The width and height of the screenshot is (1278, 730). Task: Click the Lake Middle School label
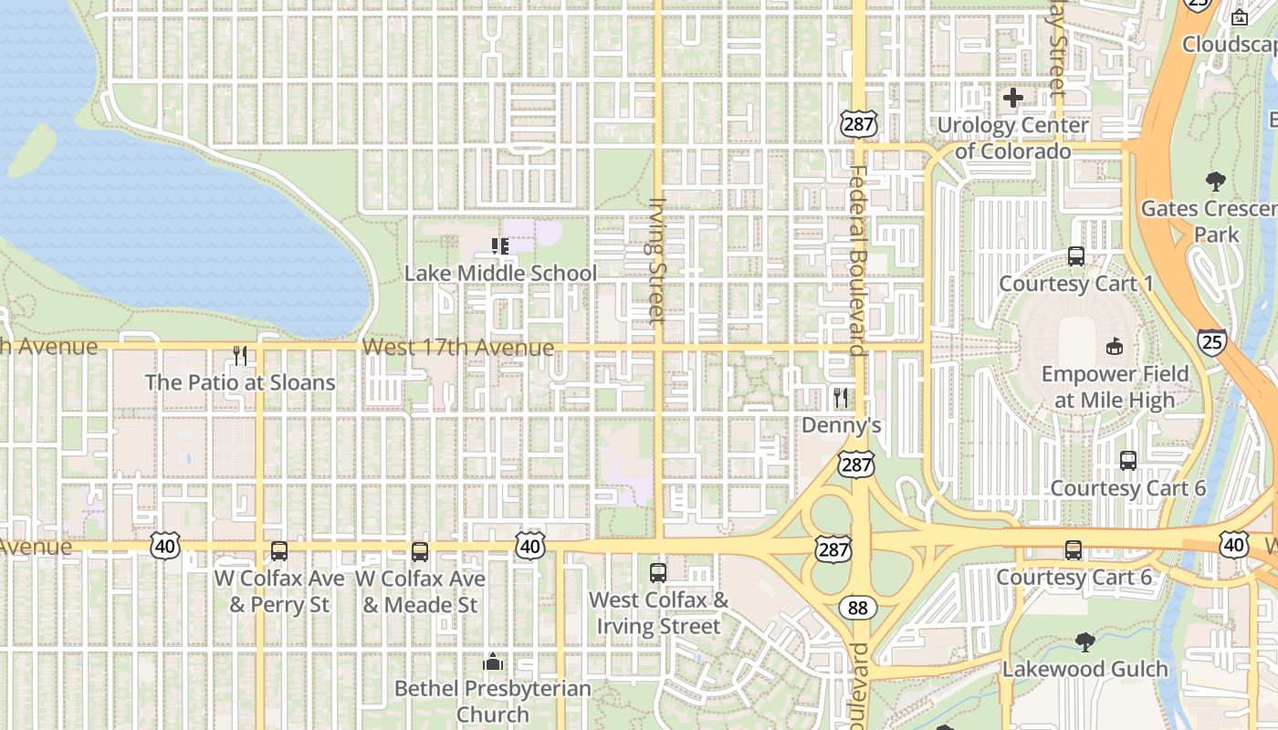(500, 273)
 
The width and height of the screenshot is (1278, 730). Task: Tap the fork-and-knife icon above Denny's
(841, 398)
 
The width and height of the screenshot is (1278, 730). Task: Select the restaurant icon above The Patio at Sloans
(240, 355)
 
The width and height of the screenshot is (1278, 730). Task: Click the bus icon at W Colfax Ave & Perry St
(279, 551)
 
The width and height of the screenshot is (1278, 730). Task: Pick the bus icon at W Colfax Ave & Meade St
(420, 551)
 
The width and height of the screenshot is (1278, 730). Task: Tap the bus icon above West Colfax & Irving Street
(658, 573)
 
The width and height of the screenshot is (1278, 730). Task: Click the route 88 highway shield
(858, 608)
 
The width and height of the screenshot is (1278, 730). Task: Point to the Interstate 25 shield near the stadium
(1212, 342)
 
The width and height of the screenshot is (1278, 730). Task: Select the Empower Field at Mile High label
(1115, 387)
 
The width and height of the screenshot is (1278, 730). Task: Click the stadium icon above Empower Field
(1114, 346)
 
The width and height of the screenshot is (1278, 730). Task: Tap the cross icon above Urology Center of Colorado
(1012, 98)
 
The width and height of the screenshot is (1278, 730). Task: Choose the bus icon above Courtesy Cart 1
(1076, 256)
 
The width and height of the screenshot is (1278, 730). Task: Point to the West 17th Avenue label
(457, 348)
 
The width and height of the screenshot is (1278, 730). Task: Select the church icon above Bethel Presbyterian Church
(493, 662)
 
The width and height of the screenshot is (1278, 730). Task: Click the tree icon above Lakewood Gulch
(1084, 642)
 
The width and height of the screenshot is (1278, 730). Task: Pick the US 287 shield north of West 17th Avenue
(859, 124)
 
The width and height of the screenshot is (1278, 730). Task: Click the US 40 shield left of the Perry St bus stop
(165, 547)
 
